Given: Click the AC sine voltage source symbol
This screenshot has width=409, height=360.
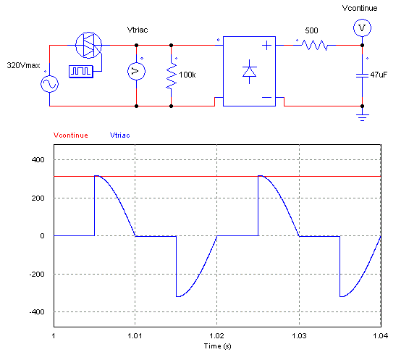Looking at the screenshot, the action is [x=49, y=84].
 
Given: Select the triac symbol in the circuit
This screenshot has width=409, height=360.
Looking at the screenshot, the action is [x=89, y=45].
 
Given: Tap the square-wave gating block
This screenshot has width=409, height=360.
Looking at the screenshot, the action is [x=81, y=71].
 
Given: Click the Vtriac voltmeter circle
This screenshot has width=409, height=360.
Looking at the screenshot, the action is [x=136, y=71].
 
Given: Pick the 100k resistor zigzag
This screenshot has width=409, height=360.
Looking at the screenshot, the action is [x=171, y=76].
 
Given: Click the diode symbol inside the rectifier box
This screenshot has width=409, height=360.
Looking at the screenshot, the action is [x=249, y=72].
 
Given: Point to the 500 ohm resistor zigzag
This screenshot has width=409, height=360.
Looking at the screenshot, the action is [x=315, y=45].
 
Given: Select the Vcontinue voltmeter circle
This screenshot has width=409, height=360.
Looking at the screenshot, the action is [x=362, y=28].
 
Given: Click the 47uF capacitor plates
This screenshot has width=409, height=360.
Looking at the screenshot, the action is [x=362, y=75].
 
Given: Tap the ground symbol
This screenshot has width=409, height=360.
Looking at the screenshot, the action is [x=363, y=117].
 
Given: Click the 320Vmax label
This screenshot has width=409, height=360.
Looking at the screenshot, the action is [x=23, y=65].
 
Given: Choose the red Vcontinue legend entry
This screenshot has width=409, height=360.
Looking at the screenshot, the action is [x=71, y=135].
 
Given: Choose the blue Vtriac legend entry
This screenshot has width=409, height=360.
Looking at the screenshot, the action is [x=119, y=135].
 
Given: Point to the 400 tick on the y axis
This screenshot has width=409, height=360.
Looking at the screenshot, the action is [x=38, y=159].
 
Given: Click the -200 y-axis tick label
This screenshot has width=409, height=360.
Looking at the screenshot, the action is [x=37, y=274].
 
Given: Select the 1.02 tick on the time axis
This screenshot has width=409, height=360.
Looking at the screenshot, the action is [x=216, y=335].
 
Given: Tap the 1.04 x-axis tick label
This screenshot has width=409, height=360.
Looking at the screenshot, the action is [x=380, y=335].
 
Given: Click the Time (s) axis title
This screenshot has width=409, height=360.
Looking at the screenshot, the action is [x=218, y=346].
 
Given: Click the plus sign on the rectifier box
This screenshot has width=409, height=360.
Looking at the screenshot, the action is [x=266, y=46].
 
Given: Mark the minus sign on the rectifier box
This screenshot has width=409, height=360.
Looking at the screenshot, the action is [x=266, y=98].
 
